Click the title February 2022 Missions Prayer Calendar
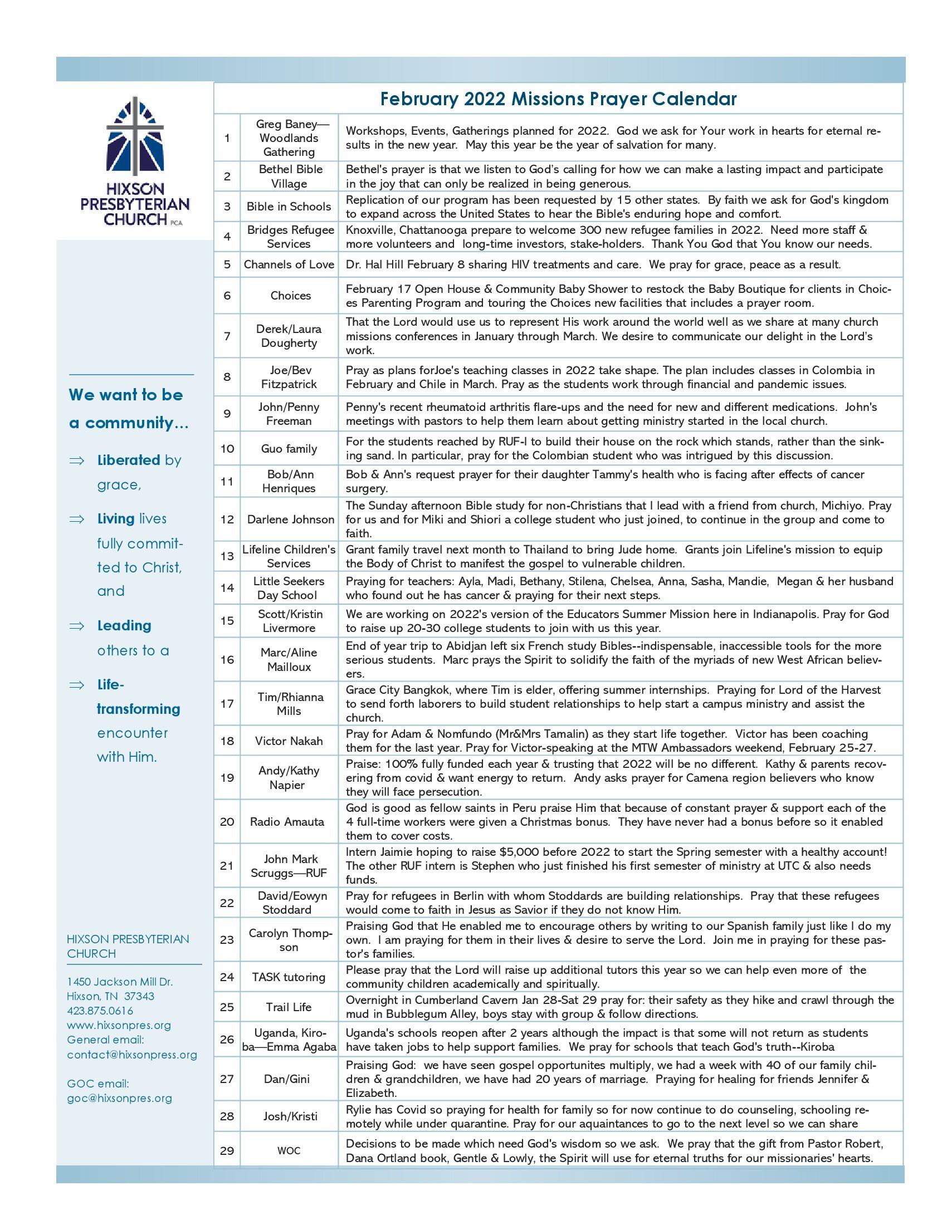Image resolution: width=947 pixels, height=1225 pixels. [558, 99]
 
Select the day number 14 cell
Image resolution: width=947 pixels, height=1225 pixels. [227, 588]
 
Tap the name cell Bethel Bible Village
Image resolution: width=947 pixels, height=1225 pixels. [290, 176]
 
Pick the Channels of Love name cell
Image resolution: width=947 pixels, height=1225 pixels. [289, 264]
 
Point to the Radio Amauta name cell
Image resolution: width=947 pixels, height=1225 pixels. [287, 821]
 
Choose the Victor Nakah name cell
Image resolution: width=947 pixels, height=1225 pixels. [289, 741]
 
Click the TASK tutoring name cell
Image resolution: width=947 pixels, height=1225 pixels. [289, 977]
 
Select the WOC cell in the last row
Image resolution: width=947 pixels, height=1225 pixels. [289, 1150]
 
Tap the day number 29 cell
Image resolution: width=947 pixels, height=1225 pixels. [227, 1150]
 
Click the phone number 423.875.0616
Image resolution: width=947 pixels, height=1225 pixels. [100, 1011]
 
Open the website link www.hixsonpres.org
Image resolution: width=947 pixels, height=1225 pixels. [118, 1025]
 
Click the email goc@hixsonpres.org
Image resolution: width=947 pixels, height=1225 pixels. [120, 1098]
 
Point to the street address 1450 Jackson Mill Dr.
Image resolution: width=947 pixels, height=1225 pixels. [120, 982]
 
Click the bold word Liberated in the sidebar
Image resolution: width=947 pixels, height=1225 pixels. [129, 460]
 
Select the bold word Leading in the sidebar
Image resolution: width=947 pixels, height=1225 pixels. [124, 625]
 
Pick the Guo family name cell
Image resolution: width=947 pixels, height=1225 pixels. [289, 448]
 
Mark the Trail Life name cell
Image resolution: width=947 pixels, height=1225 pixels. [289, 1007]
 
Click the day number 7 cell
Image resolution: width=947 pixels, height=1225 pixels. [227, 335]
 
